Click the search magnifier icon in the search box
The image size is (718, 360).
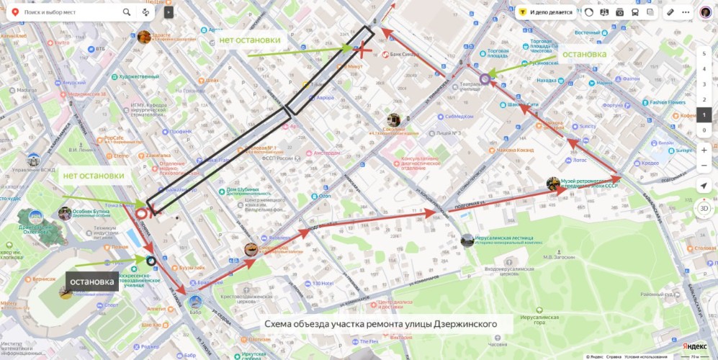[127, 12]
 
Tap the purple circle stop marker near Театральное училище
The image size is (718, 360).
[485, 79]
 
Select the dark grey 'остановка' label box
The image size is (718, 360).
[92, 281]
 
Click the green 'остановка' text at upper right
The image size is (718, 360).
[584, 54]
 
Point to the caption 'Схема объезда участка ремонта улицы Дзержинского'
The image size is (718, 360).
[380, 324]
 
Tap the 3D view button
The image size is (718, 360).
[704, 208]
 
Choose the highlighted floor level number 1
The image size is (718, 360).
[704, 114]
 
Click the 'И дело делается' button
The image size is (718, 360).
[545, 12]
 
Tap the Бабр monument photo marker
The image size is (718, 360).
[195, 301]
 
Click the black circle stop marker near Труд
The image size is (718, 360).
[151, 261]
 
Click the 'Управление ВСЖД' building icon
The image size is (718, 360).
[33, 159]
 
